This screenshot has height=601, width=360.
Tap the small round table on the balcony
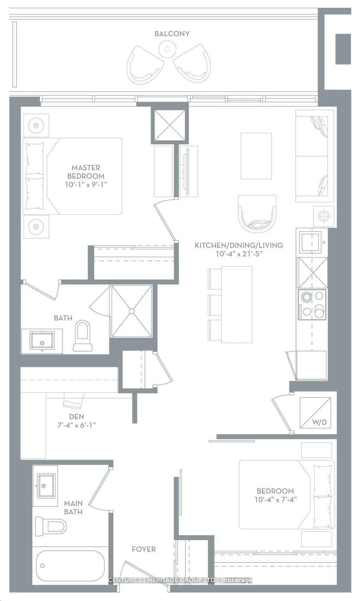[168, 49]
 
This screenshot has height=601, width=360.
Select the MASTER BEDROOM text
[86, 172]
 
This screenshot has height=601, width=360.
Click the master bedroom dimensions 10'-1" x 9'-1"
[86, 184]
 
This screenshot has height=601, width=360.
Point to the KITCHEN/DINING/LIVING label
[239, 245]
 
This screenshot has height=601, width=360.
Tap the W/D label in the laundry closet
[319, 422]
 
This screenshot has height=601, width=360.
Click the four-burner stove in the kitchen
[312, 304]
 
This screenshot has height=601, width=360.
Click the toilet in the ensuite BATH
[83, 335]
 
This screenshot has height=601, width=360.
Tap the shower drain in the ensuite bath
[131, 311]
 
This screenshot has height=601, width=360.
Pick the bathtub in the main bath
[70, 566]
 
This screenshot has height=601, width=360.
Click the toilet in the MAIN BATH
[51, 526]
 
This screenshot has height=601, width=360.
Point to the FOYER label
[143, 549]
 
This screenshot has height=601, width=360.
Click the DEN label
[76, 417]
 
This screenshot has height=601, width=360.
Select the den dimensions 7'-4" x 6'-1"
[77, 425]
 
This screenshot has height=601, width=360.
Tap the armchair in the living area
[257, 214]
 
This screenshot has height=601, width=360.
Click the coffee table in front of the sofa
[256, 156]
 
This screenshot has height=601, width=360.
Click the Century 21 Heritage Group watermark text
[180, 580]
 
